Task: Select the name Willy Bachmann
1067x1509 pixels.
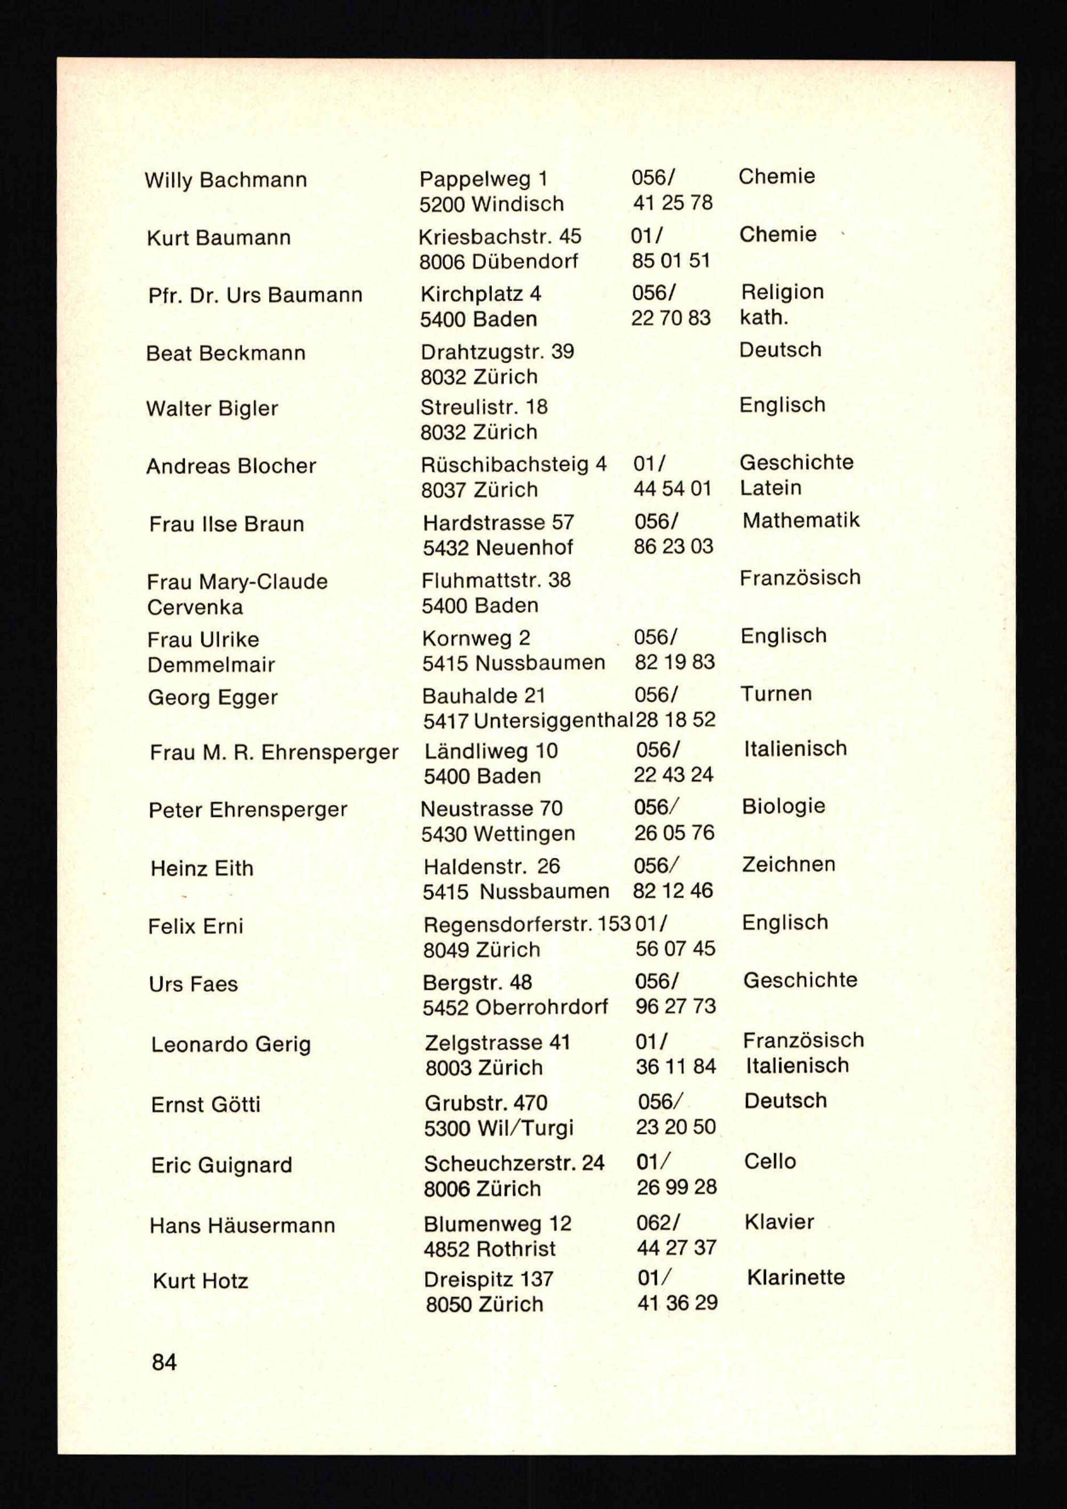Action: (226, 180)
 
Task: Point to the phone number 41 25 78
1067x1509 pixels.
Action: (673, 203)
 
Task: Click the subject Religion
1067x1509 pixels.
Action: (782, 292)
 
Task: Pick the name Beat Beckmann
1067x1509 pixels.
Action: (226, 354)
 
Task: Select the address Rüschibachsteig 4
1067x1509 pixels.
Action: (513, 465)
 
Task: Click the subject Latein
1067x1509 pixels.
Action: (770, 488)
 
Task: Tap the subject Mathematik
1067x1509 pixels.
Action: (800, 521)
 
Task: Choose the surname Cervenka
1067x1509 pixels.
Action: (195, 607)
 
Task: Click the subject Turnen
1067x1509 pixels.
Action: (776, 694)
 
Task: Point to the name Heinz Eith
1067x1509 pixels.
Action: (202, 869)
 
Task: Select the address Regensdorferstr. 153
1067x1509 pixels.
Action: (527, 925)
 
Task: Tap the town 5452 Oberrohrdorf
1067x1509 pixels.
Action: (515, 1008)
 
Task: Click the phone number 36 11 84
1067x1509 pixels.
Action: (675, 1067)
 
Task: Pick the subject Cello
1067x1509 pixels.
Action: (769, 1161)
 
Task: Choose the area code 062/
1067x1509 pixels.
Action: (657, 1223)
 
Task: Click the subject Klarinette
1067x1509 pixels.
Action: (795, 1278)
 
